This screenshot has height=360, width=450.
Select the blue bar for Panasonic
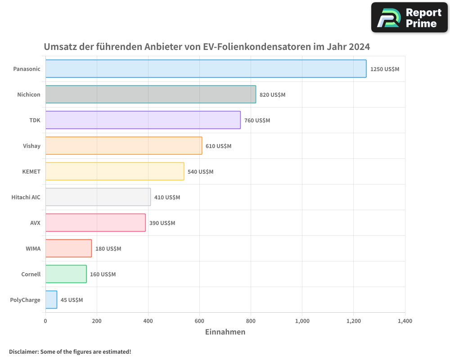pyautogui.click(x=206, y=69)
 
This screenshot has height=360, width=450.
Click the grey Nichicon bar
pyautogui.click(x=151, y=94)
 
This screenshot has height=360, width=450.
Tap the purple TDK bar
pyautogui.click(x=143, y=120)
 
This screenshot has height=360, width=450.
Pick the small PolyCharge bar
pyautogui.click(x=51, y=300)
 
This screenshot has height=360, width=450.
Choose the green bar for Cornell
pyautogui.click(x=66, y=274)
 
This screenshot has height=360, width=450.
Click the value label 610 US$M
pyautogui.click(x=218, y=146)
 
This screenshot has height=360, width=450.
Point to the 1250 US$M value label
pyautogui.click(x=384, y=69)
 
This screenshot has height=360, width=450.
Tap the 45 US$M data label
pyautogui.click(x=72, y=300)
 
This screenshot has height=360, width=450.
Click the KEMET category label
pyautogui.click(x=31, y=172)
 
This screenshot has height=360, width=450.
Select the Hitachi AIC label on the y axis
pyautogui.click(x=26, y=198)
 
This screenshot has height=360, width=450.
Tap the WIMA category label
pyautogui.click(x=33, y=249)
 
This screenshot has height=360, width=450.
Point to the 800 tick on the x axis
pyautogui.click(x=251, y=321)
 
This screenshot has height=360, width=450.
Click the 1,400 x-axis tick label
pyautogui.click(x=405, y=321)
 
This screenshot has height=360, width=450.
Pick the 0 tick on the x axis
pyautogui.click(x=45, y=321)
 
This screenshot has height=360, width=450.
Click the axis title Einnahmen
pyautogui.click(x=225, y=332)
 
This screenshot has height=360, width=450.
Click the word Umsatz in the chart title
pyautogui.click(x=60, y=47)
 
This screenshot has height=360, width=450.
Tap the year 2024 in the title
pyautogui.click(x=358, y=47)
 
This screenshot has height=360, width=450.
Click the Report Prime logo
pyautogui.click(x=409, y=18)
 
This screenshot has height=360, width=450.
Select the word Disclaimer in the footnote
pyautogui.click(x=23, y=352)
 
